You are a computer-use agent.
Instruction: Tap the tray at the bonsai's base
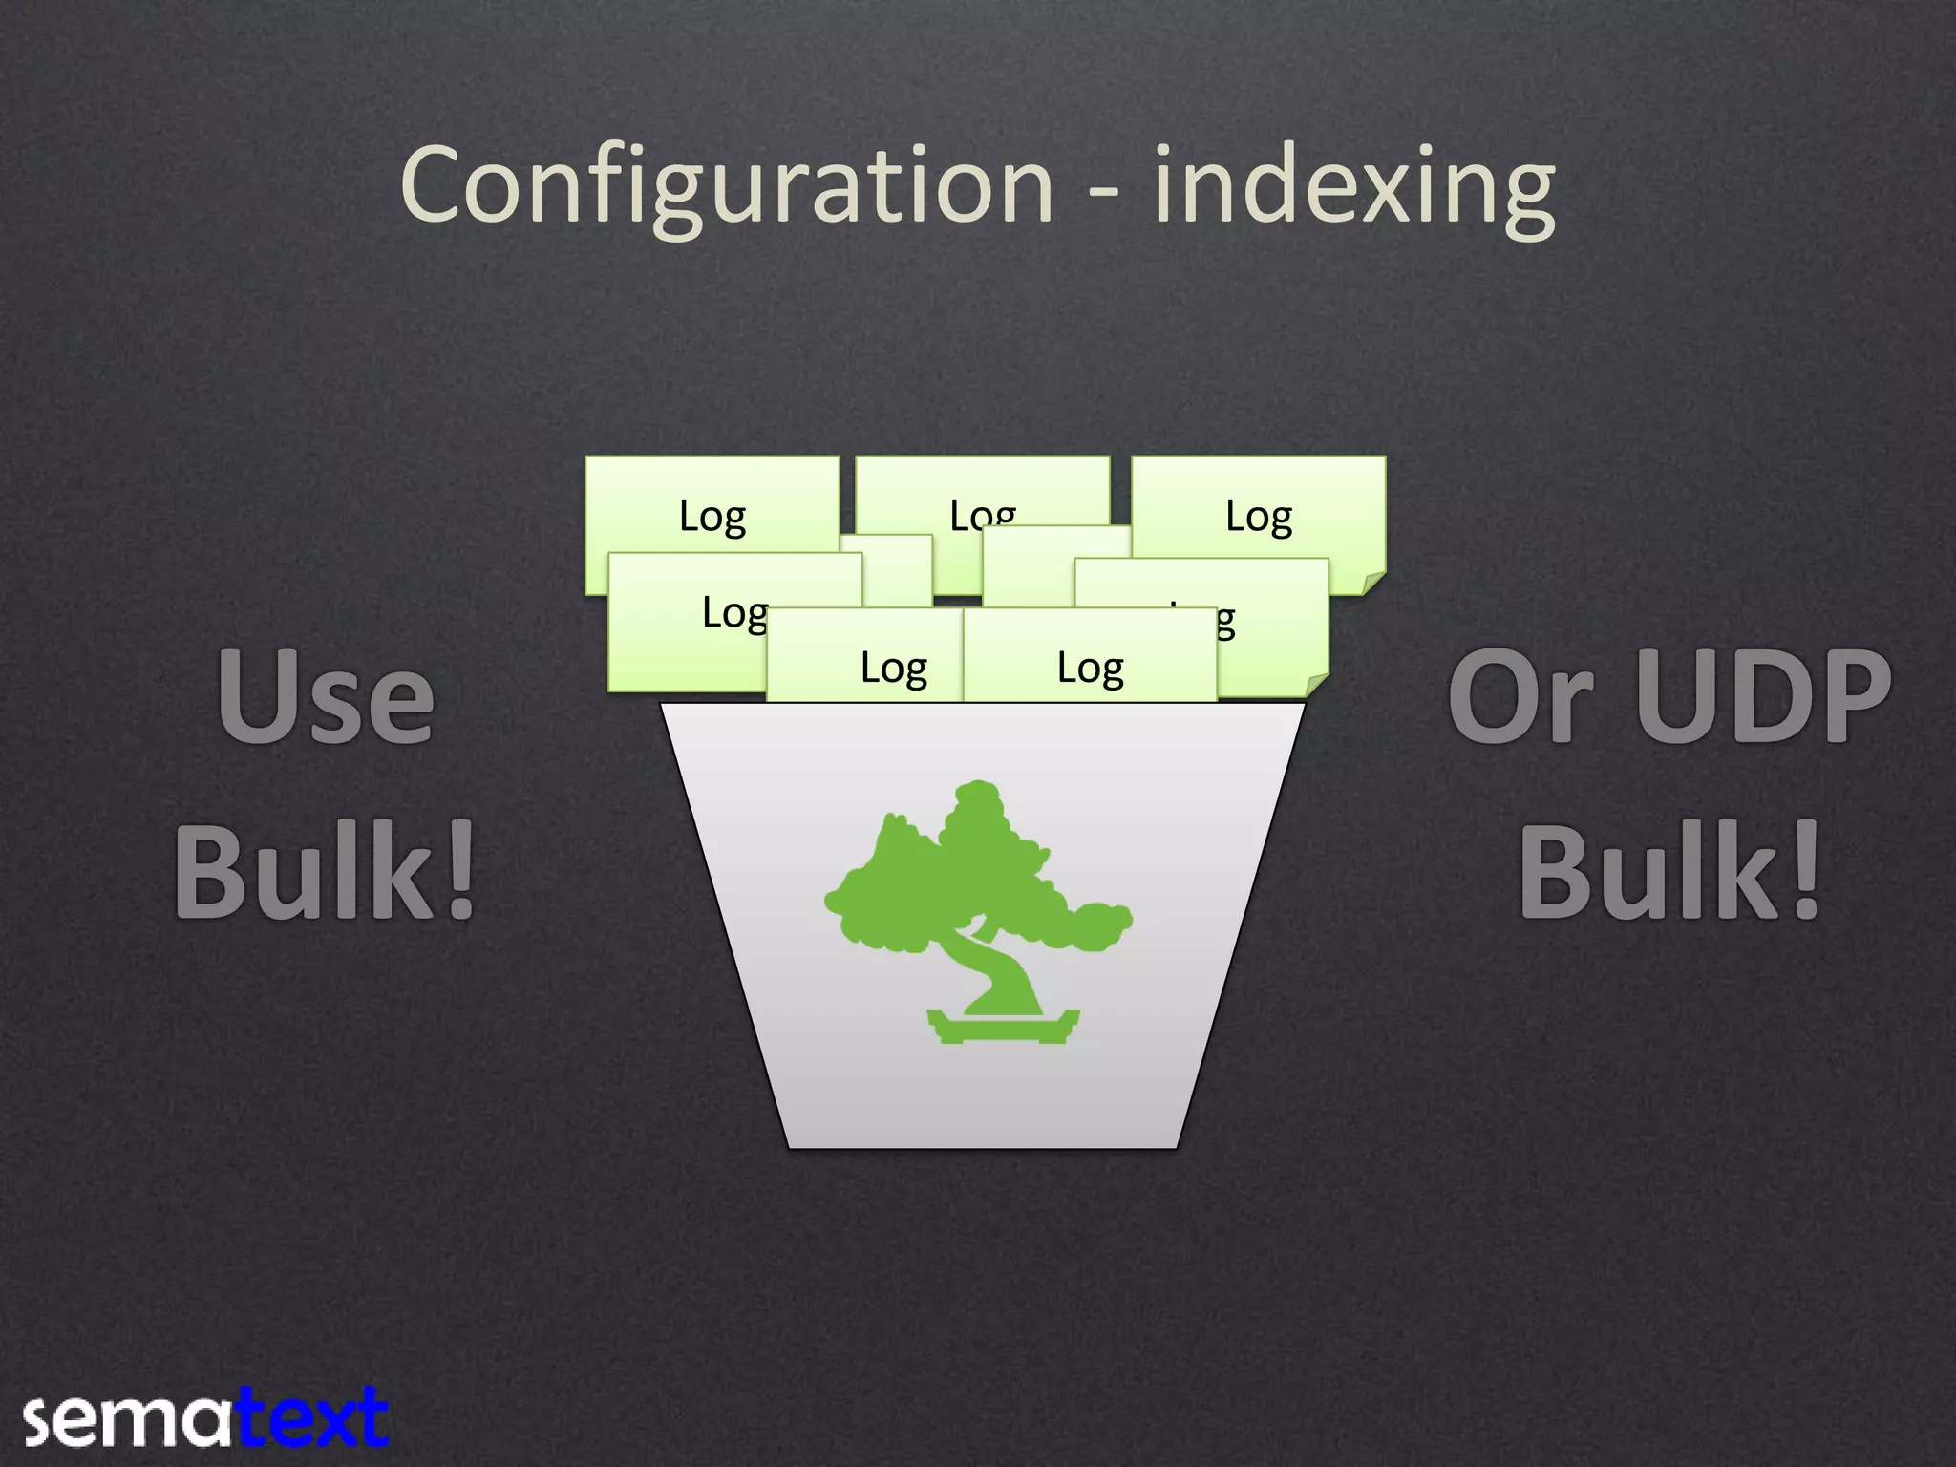point(1003,1027)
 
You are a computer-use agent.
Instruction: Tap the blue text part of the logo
point(311,1417)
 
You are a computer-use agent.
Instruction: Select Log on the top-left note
point(712,517)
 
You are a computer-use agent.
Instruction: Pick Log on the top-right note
point(1259,517)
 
